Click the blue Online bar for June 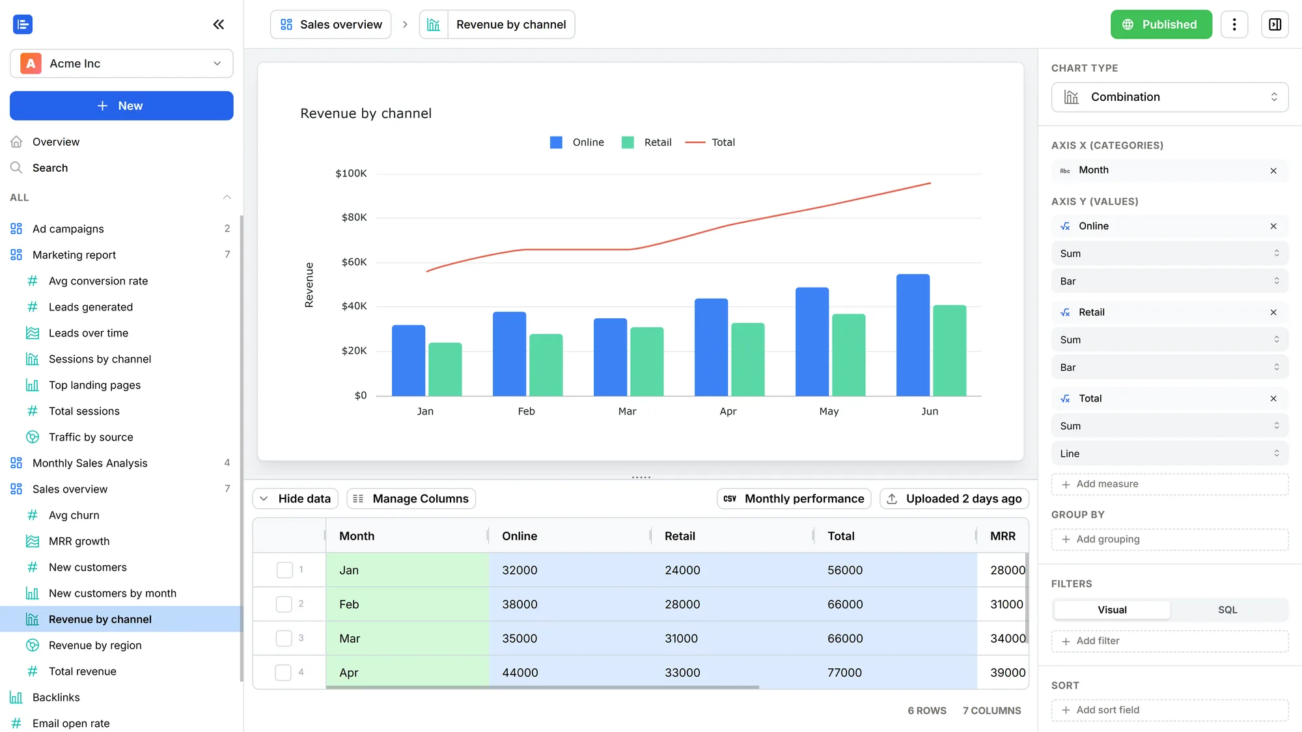(913, 335)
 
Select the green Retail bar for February (546, 365)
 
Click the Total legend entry (710, 142)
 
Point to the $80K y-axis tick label (354, 217)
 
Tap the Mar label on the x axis (627, 411)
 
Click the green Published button (1161, 25)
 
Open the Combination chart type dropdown (1170, 97)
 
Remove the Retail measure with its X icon (1273, 312)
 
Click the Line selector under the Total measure (1170, 454)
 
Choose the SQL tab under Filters (1228, 610)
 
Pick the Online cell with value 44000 (520, 673)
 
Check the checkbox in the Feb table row (284, 604)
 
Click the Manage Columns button (411, 498)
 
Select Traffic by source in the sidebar (91, 437)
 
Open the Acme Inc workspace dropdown (122, 64)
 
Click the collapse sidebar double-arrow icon (219, 25)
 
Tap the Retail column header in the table (680, 536)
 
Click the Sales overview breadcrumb (331, 25)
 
